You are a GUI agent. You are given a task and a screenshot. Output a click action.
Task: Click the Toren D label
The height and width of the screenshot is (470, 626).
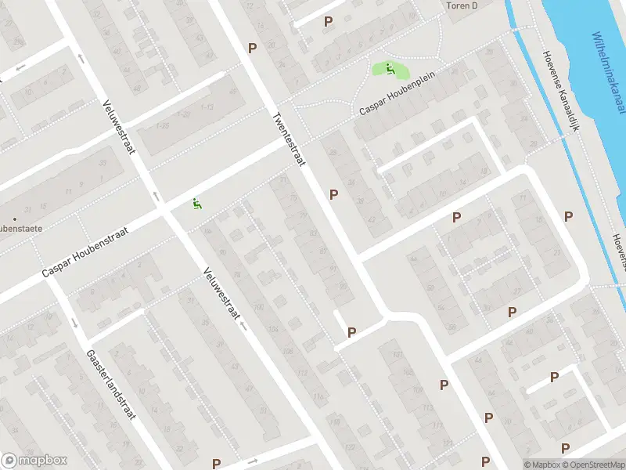click(462, 5)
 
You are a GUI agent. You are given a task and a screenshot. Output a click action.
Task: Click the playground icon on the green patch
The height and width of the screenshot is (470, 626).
click(389, 69)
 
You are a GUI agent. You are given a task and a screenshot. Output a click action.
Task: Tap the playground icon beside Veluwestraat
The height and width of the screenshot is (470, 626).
click(197, 204)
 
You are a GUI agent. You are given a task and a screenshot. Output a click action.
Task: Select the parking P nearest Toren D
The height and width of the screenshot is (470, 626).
click(328, 22)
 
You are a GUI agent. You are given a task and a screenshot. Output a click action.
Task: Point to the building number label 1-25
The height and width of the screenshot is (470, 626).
click(162, 125)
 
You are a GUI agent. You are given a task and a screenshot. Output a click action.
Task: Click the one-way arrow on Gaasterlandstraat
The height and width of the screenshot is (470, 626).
click(75, 323)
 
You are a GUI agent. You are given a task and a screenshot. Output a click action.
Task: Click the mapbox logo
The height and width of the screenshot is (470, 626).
click(34, 461)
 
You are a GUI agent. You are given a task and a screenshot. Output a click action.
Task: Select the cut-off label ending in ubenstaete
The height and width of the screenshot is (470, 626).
click(21, 228)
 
